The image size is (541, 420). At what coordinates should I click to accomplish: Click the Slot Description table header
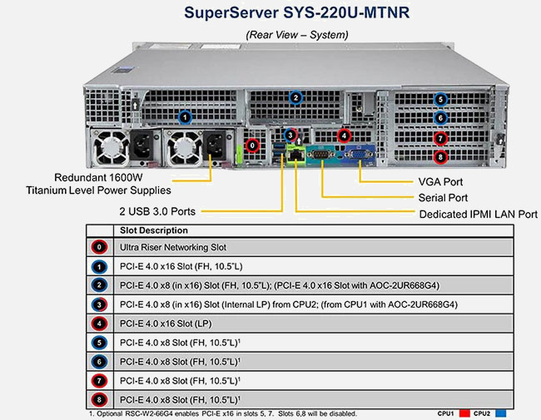coord(154,230)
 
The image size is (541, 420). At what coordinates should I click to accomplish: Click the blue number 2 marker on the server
coord(295,98)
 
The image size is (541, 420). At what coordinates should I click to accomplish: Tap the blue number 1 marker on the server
coord(185,116)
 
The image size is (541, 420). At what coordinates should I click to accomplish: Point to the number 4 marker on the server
coord(345,136)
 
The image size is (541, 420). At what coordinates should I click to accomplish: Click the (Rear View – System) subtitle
coord(296,34)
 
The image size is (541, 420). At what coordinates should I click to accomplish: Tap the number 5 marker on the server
coord(440,99)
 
